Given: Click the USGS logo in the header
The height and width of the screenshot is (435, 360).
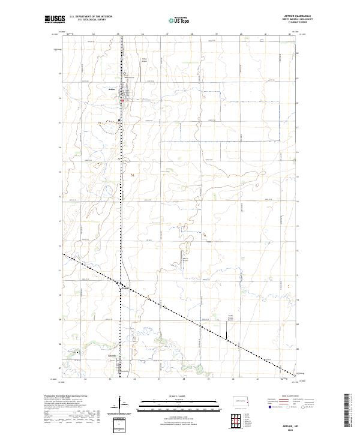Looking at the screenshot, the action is coord(52,19).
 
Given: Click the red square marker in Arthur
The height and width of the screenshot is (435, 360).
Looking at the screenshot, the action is coord(124,100).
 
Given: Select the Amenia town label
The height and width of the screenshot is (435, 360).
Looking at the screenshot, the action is coord(112,358).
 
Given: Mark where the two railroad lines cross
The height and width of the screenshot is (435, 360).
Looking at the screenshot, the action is coord(122,284).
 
